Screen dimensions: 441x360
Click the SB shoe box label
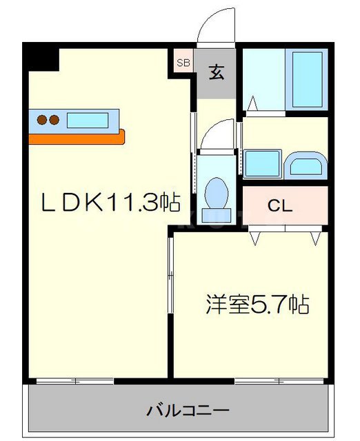(183, 63)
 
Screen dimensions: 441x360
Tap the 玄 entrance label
(217, 71)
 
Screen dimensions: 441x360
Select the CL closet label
(280, 205)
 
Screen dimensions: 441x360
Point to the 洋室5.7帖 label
(256, 303)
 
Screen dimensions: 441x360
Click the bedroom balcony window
(279, 380)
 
